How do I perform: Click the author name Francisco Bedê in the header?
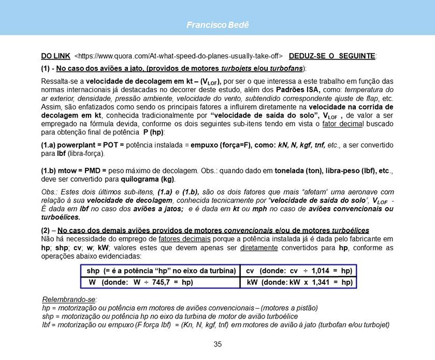point(218,25)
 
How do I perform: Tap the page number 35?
point(218,344)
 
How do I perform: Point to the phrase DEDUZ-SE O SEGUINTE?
point(333,55)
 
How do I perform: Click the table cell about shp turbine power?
point(161,271)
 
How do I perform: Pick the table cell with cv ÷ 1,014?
point(299,271)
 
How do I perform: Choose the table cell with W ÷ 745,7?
point(141,282)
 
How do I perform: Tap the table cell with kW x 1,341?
point(299,282)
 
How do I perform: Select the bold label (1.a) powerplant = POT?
point(78,146)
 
